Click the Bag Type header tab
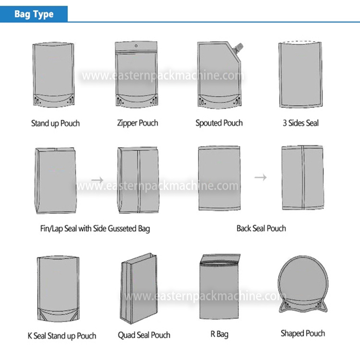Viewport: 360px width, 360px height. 34,14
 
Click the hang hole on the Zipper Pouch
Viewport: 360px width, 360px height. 136,46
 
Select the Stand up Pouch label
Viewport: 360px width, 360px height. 56,123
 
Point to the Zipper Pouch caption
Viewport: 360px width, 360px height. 137,123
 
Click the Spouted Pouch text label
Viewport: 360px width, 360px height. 219,123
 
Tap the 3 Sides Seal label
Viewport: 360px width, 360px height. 301,123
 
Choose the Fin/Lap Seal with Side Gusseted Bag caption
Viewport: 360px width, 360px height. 95,228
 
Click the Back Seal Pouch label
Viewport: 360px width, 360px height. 261,228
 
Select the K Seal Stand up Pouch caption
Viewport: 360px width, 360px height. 62,336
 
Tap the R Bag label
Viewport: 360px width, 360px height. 220,334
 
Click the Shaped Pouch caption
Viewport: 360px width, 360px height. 303,333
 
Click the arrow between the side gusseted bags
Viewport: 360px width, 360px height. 97,179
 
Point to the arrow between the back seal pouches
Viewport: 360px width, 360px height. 261,177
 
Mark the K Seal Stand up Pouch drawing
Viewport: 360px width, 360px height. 58,288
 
